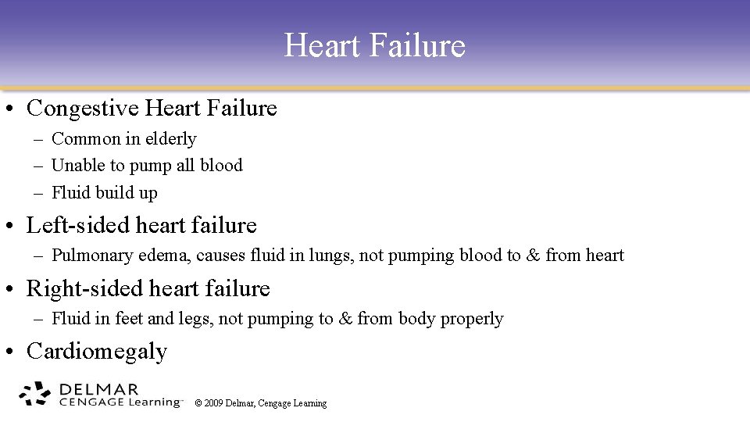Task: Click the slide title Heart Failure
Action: click(374, 45)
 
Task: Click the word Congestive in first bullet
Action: click(73, 108)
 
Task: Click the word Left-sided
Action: click(78, 226)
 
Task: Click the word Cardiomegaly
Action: click(97, 352)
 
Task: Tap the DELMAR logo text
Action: click(98, 388)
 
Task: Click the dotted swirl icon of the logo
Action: click(35, 394)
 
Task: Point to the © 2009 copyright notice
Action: click(261, 403)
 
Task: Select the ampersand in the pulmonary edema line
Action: click(533, 256)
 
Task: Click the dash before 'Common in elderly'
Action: click(38, 139)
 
